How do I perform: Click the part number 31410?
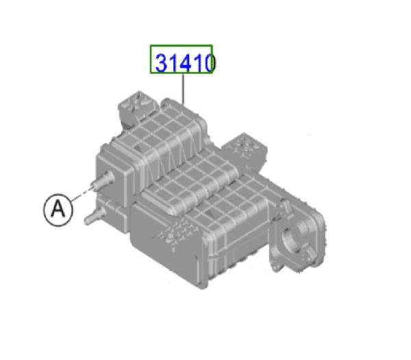(x=182, y=62)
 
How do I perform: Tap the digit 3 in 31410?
(x=162, y=63)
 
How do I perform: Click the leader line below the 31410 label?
(x=183, y=87)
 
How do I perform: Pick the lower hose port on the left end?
(x=93, y=218)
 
